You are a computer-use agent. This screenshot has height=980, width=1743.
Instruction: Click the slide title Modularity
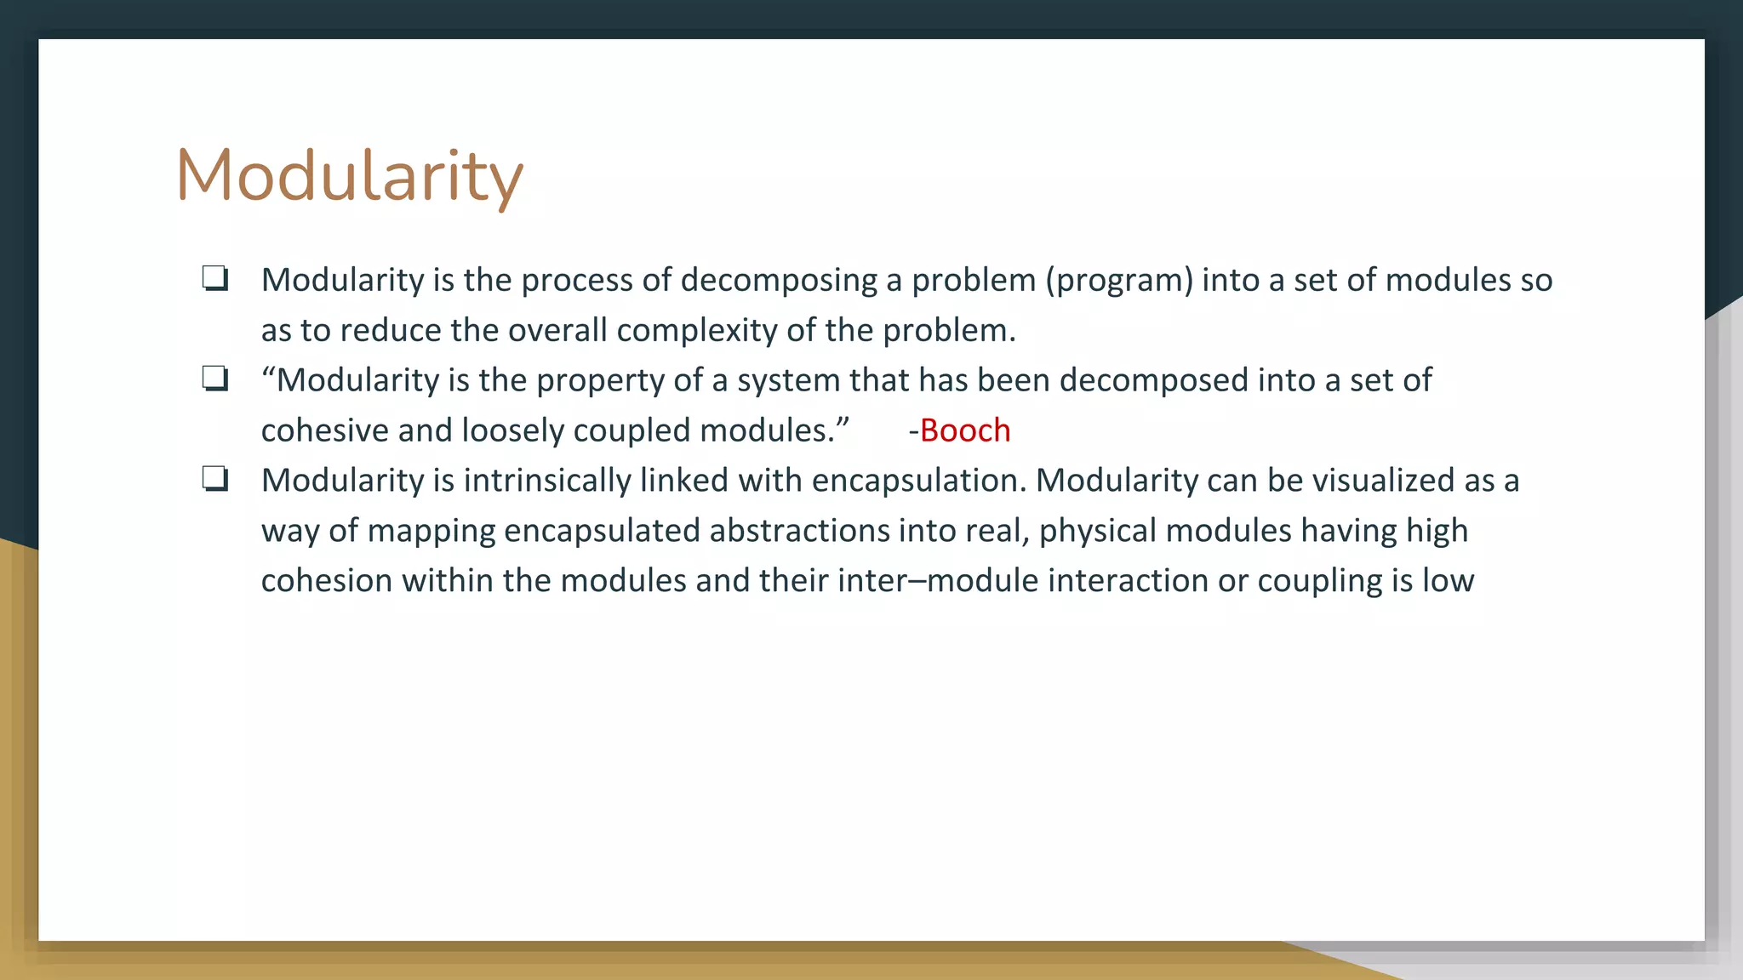click(349, 176)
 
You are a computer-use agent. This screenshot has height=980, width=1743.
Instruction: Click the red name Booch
click(964, 430)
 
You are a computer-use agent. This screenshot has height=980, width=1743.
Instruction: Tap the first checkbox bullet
click(214, 279)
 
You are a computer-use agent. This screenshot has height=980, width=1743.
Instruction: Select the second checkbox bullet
click(214, 379)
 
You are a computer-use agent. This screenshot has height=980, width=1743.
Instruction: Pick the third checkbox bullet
click(214, 479)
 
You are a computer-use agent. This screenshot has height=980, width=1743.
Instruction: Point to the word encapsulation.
click(919, 481)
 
